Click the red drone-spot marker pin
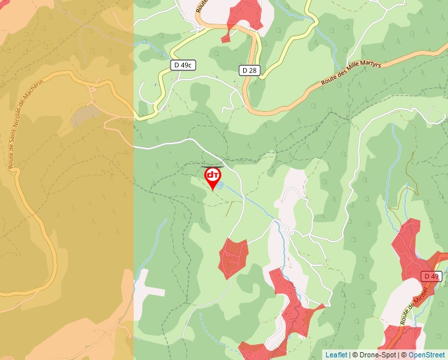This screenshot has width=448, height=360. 213,176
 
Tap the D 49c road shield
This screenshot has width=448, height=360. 183,65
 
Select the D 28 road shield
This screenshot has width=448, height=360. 248,70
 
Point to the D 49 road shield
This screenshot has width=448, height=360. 431,276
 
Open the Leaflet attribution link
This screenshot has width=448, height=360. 336,355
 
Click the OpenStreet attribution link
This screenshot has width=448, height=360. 426,355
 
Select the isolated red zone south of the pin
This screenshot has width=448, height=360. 233,257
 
